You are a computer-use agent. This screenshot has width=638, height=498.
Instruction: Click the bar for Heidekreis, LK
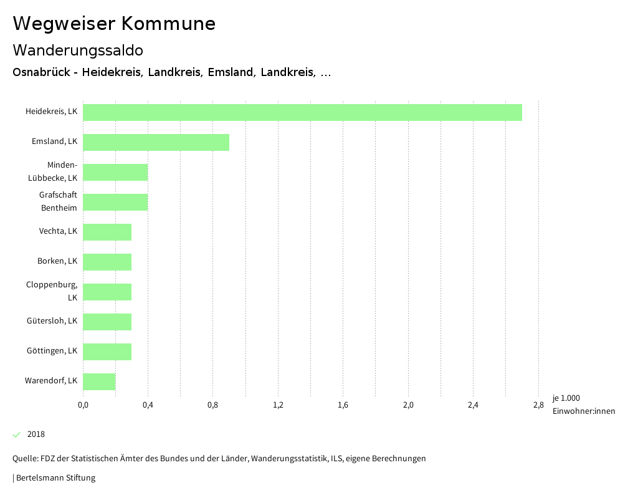tap(302, 112)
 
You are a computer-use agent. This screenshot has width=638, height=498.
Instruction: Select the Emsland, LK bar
tap(156, 142)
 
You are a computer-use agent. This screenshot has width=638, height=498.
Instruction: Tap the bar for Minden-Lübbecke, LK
tap(115, 172)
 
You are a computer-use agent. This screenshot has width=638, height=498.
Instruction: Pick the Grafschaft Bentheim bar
tap(115, 202)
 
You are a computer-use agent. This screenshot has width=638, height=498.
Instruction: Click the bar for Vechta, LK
tap(107, 232)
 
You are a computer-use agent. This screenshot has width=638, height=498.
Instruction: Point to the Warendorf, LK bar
tap(99, 381)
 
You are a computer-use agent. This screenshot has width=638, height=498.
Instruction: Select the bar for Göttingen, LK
tap(107, 352)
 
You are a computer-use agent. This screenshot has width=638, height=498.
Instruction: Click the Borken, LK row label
tap(57, 261)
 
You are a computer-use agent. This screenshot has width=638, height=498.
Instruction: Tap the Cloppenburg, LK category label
tap(52, 291)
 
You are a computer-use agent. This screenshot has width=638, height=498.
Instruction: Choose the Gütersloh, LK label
tap(52, 320)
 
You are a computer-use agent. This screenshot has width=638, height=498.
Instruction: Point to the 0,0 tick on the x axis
tap(83, 405)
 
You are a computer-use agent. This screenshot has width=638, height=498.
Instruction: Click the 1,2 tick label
tap(278, 405)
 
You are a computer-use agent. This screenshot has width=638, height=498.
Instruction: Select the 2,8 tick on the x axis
tap(538, 405)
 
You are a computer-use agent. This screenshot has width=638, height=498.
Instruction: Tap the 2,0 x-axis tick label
tap(408, 405)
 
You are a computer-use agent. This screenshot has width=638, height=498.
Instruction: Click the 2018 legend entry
tap(36, 434)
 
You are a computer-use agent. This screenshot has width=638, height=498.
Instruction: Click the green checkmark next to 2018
tap(17, 434)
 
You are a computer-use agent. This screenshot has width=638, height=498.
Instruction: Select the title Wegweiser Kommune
tap(114, 24)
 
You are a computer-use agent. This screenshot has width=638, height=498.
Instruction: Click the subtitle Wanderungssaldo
tap(78, 50)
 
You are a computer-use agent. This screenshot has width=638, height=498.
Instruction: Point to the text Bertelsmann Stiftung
tap(55, 478)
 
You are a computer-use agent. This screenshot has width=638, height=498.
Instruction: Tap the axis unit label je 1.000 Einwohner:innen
tap(583, 405)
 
